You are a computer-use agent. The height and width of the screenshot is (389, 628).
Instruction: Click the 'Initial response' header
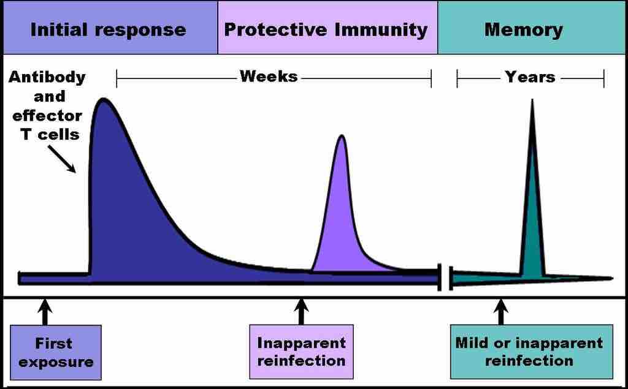(x=109, y=29)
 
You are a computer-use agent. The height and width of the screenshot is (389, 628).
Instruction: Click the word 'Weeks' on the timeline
(x=269, y=77)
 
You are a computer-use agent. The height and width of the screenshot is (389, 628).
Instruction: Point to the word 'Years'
(x=530, y=77)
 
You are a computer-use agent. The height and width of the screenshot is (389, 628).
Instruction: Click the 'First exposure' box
(x=56, y=352)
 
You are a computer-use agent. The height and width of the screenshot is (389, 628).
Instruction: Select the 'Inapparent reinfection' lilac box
(x=301, y=352)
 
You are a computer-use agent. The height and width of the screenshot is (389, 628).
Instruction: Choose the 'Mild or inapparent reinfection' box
(x=531, y=352)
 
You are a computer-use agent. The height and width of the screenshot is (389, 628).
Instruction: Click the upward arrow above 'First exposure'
(x=44, y=311)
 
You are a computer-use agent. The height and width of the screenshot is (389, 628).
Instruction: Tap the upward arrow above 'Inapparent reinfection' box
(x=301, y=311)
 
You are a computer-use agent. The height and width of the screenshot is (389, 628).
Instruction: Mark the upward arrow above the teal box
(x=501, y=311)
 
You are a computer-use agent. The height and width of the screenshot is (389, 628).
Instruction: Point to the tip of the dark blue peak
(x=102, y=99)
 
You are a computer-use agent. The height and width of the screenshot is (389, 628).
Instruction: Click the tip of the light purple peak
(x=342, y=136)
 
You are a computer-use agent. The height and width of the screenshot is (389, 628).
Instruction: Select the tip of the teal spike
(x=532, y=100)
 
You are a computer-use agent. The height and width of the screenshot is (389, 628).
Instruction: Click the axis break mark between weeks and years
(x=445, y=278)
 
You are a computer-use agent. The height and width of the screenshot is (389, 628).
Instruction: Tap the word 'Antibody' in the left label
(x=47, y=78)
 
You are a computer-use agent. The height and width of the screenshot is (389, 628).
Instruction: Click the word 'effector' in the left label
(x=47, y=115)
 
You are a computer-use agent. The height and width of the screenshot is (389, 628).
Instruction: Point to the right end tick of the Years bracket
(x=604, y=78)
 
